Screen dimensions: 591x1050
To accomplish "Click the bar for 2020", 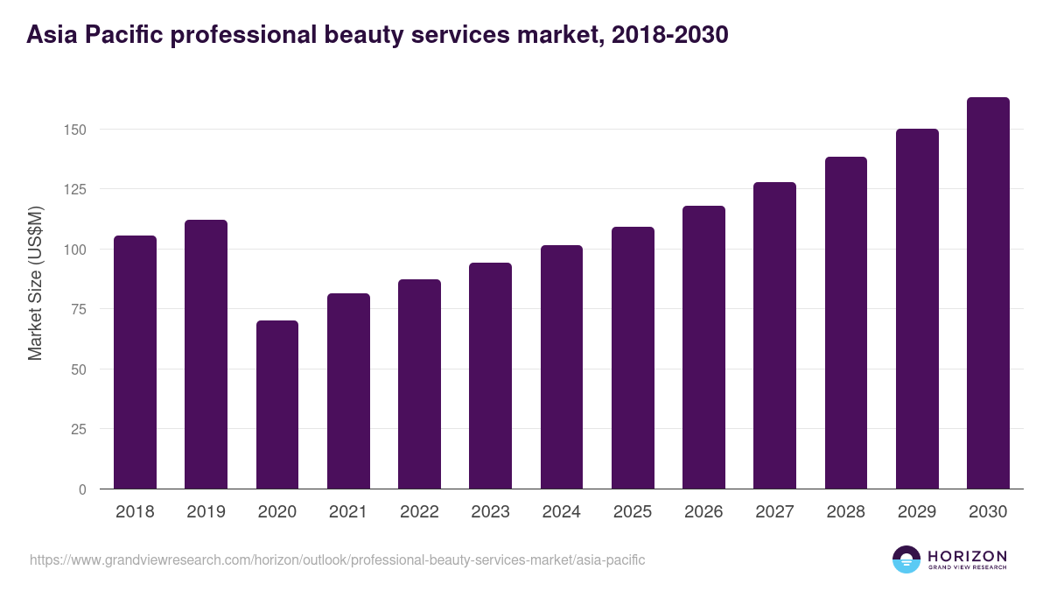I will pos(277,405).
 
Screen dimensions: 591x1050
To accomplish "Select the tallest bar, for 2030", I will pos(988,293).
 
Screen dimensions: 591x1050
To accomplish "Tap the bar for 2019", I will pos(206,355).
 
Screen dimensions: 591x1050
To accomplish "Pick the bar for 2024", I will pos(561,367).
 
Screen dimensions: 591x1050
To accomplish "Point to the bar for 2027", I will pos(774,335).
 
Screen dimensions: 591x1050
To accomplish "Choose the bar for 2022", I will pos(419,384).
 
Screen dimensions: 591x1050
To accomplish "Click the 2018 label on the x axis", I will pos(135,512).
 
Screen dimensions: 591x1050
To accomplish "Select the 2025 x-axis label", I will pos(633,512).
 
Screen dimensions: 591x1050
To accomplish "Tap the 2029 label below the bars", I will pos(917,512).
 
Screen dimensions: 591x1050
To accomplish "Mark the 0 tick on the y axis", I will pos(82,489).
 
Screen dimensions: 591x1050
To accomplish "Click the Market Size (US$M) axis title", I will pos(36,284).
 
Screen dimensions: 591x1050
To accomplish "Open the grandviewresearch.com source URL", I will pos(337,559).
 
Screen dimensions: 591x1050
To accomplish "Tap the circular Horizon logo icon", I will pos(906,559).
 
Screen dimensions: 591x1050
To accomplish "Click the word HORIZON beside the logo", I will pos(967,556).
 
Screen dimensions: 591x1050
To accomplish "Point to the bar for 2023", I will pos(490,376).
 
